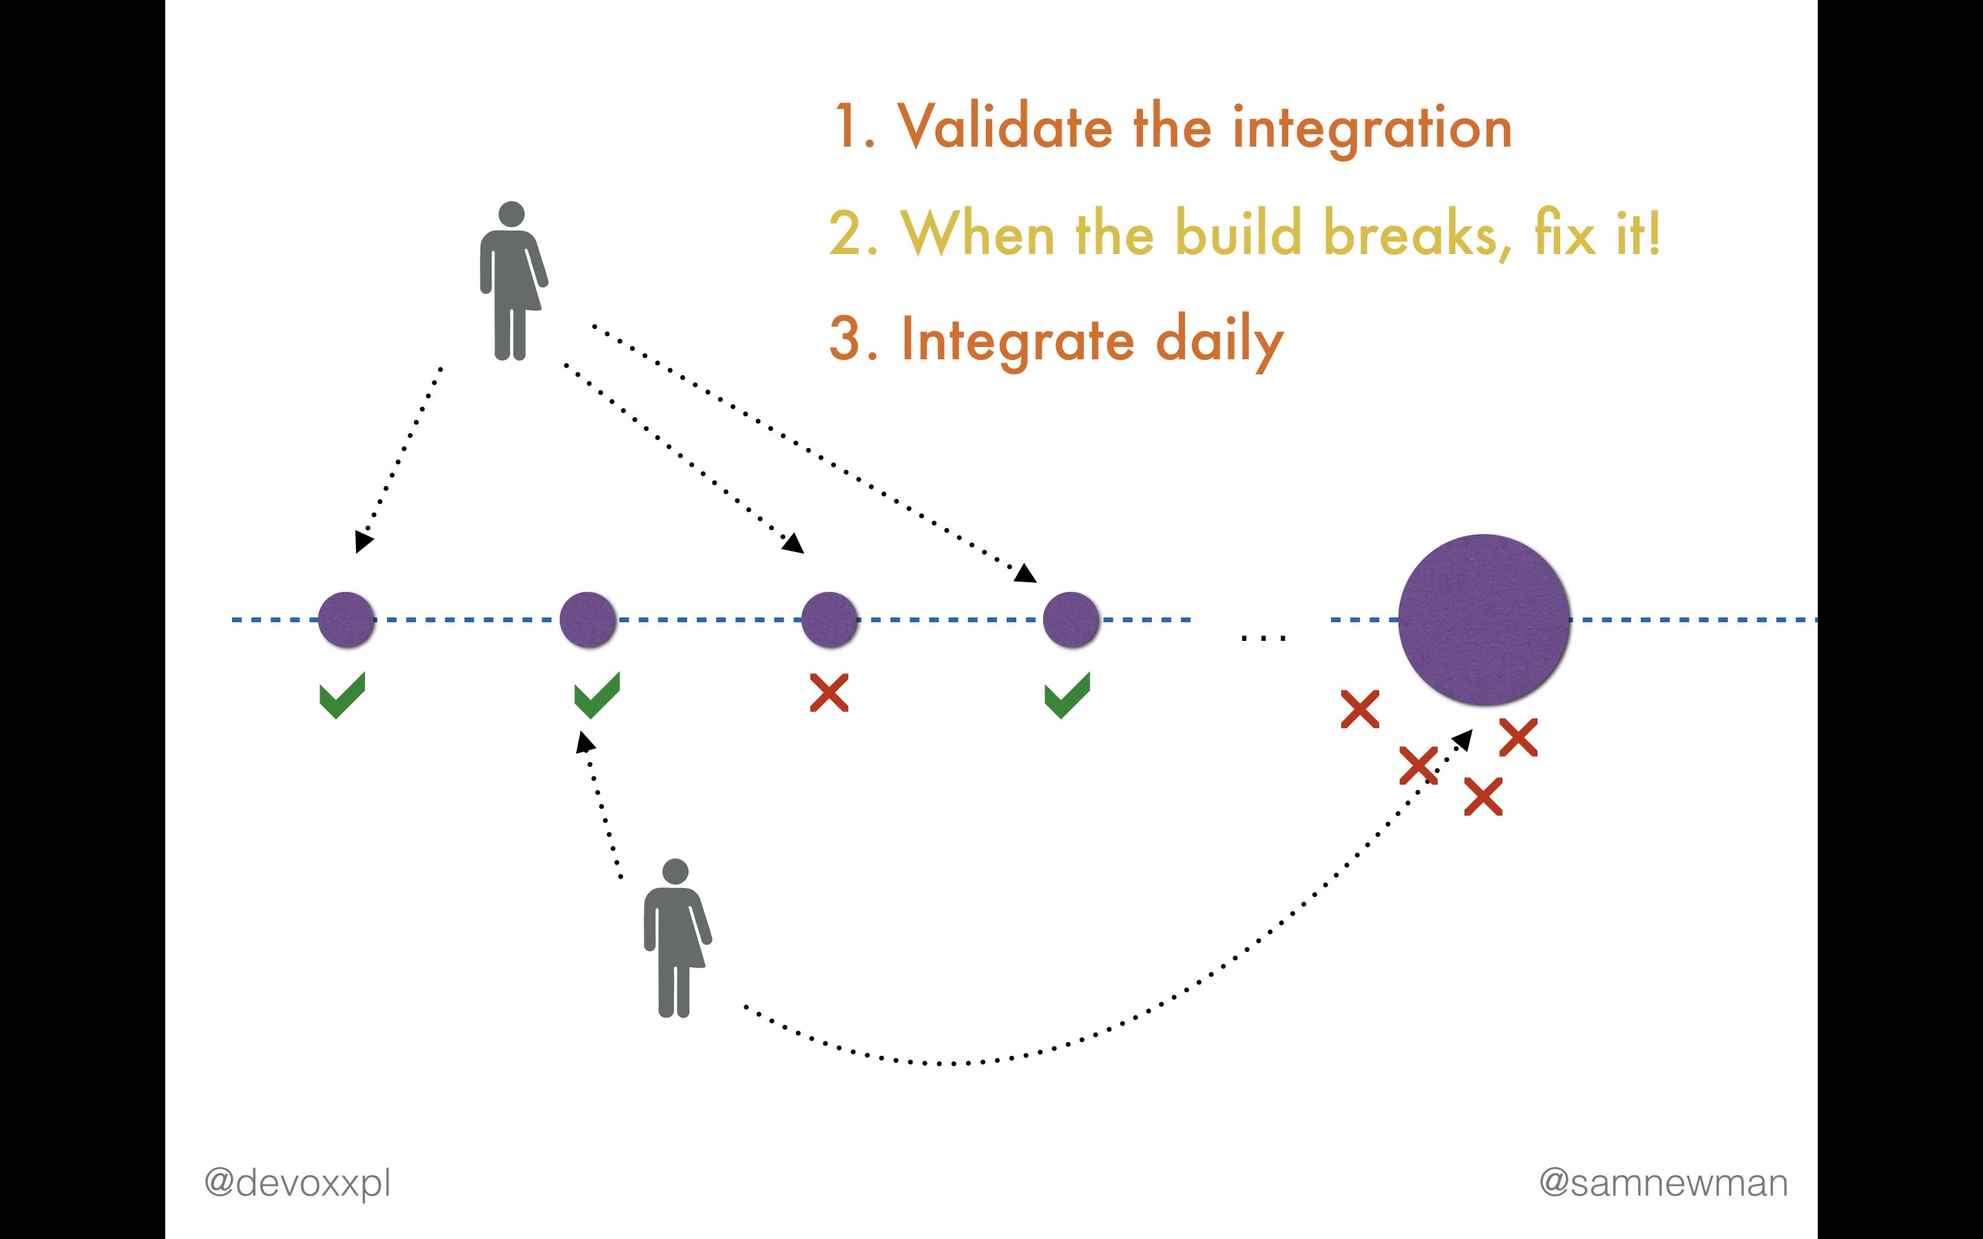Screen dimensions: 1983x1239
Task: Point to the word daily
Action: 1219,341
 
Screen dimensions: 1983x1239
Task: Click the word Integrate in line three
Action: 1018,341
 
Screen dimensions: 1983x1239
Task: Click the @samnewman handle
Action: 1664,1183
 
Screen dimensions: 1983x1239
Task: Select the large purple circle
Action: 1484,619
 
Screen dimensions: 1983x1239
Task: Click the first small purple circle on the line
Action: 346,619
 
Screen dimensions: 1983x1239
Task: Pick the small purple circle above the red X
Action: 829,619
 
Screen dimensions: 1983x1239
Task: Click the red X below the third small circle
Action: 829,692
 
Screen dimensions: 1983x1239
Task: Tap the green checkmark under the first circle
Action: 342,696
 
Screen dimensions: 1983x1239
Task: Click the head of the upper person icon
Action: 512,214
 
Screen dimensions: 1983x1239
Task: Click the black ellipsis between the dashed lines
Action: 1263,637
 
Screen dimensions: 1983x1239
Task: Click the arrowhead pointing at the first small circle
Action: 363,542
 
